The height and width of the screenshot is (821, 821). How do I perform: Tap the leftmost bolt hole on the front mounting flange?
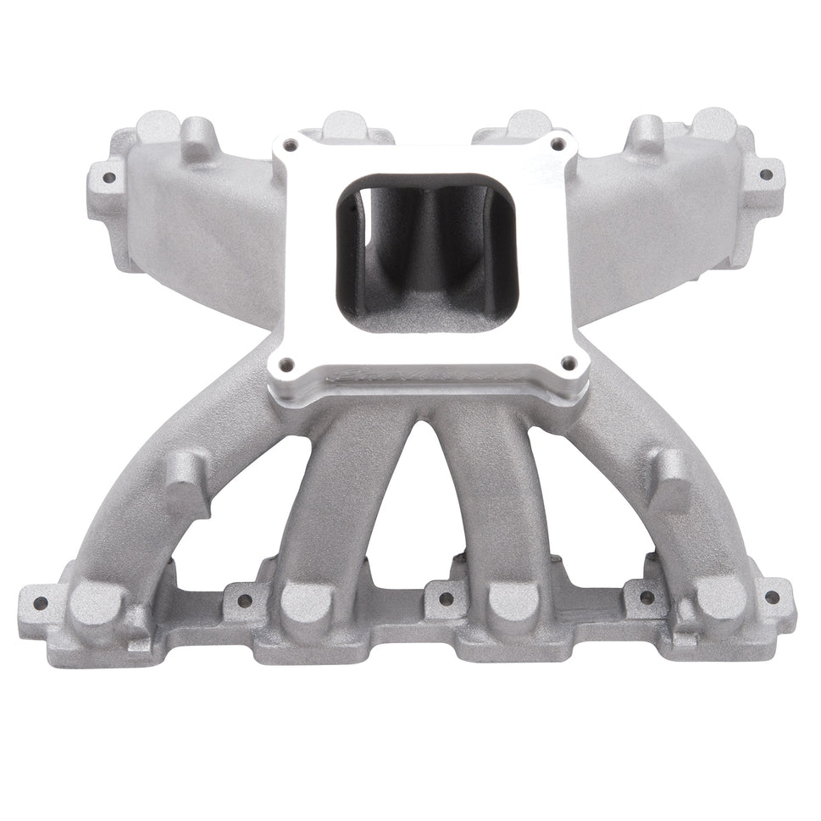point(40,603)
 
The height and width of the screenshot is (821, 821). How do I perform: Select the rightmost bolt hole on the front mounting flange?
point(772,596)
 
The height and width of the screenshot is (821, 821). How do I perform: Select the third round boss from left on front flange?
point(513,602)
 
